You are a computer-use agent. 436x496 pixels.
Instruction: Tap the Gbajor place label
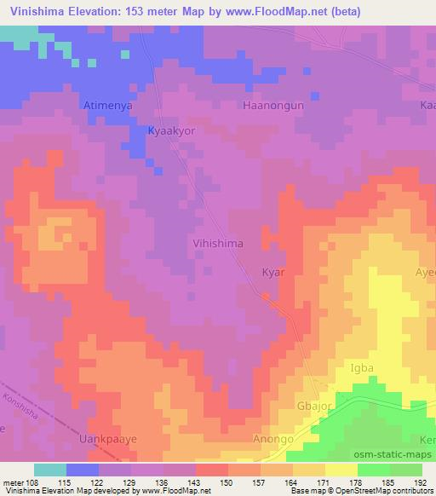pyautogui.click(x=313, y=406)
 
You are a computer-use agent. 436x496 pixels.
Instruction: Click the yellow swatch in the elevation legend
pyautogui.click(x=341, y=470)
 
